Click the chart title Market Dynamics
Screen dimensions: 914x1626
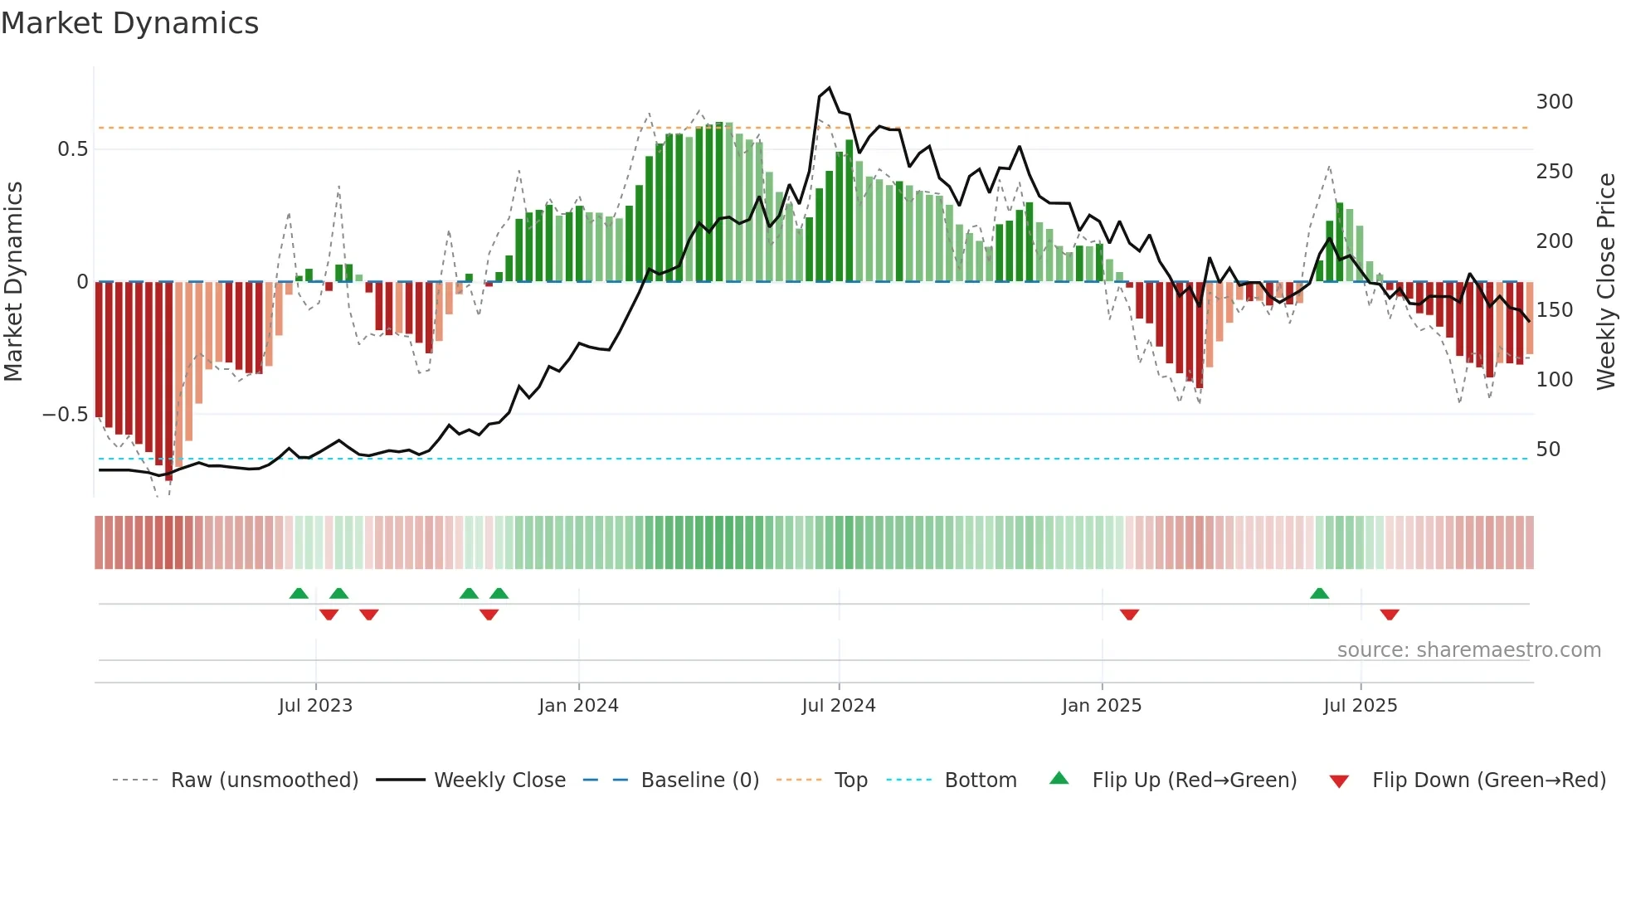[x=129, y=23]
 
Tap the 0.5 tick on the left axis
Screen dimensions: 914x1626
[x=72, y=149]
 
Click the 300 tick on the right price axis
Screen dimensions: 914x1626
[x=1554, y=102]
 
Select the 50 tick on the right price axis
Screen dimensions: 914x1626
[x=1548, y=450]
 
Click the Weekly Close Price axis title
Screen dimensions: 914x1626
[x=1606, y=282]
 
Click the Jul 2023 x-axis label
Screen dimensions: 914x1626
[x=315, y=706]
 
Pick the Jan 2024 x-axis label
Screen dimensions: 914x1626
[x=578, y=706]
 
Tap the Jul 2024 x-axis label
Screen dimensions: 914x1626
[x=838, y=706]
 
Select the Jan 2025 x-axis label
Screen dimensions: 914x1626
[x=1101, y=706]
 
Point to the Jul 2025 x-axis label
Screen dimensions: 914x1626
[x=1360, y=706]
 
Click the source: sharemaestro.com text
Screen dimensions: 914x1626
[x=1468, y=650]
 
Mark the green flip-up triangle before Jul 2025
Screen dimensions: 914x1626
[x=1319, y=593]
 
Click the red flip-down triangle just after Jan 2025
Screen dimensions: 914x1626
[x=1129, y=615]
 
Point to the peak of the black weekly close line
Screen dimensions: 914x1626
[x=829, y=88]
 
